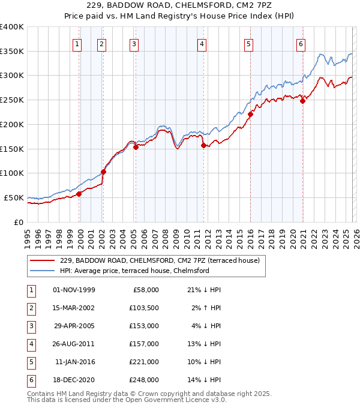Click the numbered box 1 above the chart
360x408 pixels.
(x=78, y=43)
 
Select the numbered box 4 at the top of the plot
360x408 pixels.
(x=202, y=43)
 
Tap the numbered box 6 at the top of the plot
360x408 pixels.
(x=300, y=43)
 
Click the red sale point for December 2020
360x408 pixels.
(x=303, y=101)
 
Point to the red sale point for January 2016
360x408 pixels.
(x=250, y=114)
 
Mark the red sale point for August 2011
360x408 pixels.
(x=203, y=145)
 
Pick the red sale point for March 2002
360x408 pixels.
(x=103, y=172)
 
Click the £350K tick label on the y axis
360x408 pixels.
(x=12, y=51)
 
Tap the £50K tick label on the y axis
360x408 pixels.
(x=14, y=197)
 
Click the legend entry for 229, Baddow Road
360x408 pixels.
(x=159, y=260)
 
